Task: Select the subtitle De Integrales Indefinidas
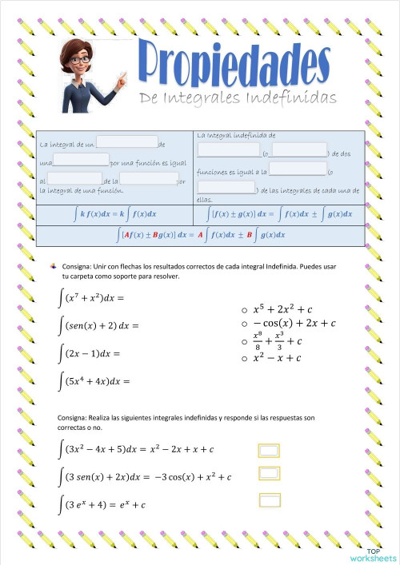pos(238,97)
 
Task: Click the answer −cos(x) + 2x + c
pos(294,323)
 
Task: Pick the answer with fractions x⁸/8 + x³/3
pos(276,340)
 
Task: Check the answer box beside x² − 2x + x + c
pos(270,451)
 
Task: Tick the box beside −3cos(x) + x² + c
pos(270,476)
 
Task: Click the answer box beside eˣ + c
pos(270,501)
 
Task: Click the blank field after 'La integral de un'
pos(127,141)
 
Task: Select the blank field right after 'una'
pos(81,159)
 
